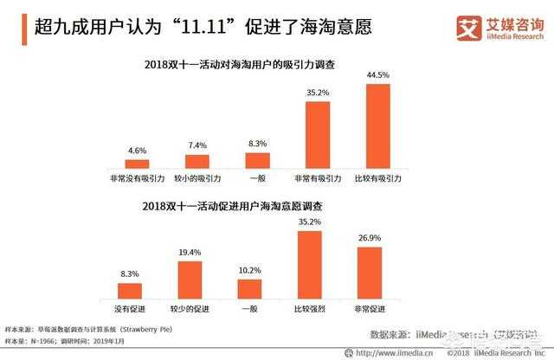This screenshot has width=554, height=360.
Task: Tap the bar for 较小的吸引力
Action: pyautogui.click(x=196, y=160)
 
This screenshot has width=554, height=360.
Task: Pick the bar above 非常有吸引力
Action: pyautogui.click(x=315, y=134)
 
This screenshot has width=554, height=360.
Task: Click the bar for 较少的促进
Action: pyautogui.click(x=196, y=279)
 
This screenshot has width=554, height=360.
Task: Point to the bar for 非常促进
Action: pyautogui.click(x=369, y=273)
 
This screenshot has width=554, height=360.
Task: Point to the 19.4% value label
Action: pyautogui.click(x=196, y=252)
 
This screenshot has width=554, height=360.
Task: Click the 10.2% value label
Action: pyautogui.click(x=250, y=270)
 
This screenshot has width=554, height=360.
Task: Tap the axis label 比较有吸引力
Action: pyautogui.click(x=377, y=177)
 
